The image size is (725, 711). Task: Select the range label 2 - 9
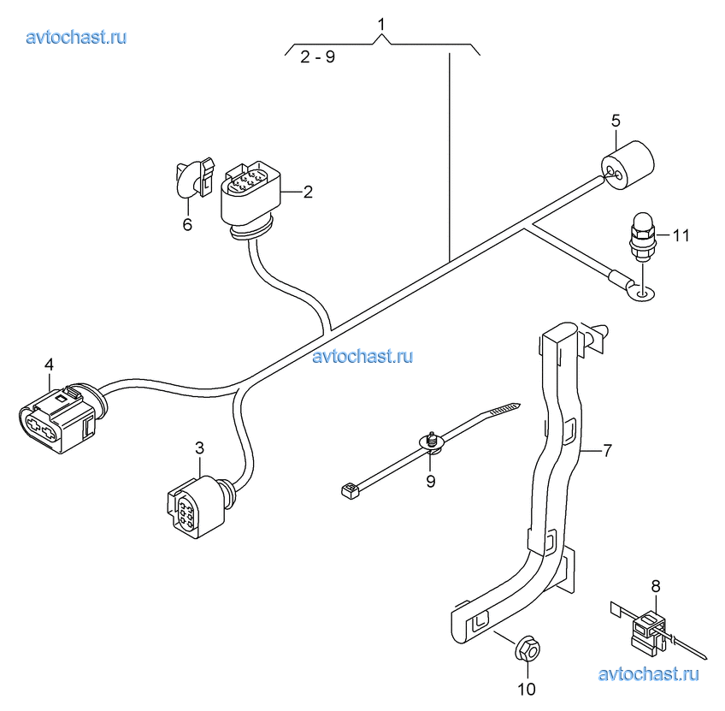coord(317,59)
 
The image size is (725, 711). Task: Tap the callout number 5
coord(615,120)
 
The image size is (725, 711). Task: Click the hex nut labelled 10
coord(526,650)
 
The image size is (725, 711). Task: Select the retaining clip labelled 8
coord(650,631)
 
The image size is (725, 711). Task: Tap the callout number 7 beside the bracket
coord(606,450)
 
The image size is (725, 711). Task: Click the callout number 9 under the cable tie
coord(430,481)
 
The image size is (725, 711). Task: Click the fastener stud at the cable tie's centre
coord(432,441)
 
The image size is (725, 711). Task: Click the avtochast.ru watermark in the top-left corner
coord(77,37)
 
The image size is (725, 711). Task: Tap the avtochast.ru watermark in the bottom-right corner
coord(649,673)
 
